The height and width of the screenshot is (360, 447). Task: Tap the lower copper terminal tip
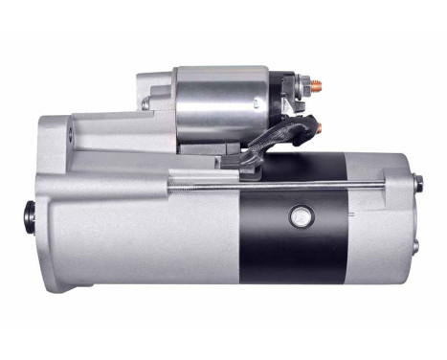319,127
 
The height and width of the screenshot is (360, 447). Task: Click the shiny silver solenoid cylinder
219,103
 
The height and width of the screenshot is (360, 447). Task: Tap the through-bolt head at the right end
418,184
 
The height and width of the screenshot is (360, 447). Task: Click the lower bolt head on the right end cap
415,245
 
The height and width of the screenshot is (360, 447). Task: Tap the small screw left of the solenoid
145,101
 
